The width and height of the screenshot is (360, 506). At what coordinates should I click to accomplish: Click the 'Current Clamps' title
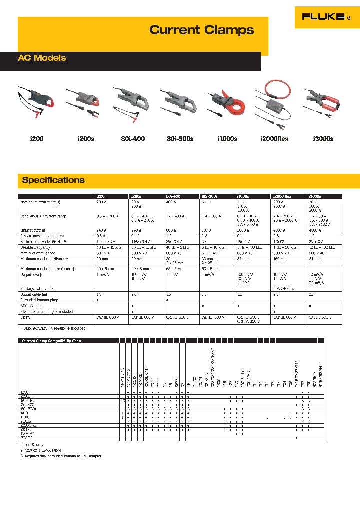pos(202,30)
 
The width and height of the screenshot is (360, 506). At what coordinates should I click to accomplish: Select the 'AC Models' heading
pos(42,58)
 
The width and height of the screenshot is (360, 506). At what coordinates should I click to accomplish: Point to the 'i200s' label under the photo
pos(85,139)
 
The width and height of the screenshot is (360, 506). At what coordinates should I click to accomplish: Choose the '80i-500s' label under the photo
pos(180,139)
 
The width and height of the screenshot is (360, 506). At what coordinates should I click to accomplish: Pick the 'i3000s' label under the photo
pos(323,139)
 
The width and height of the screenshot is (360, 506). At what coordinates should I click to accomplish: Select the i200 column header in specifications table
pos(101,197)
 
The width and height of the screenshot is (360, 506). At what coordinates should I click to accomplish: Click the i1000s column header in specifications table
pos(244,197)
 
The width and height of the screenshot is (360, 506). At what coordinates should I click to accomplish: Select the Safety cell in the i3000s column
pos(323,317)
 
